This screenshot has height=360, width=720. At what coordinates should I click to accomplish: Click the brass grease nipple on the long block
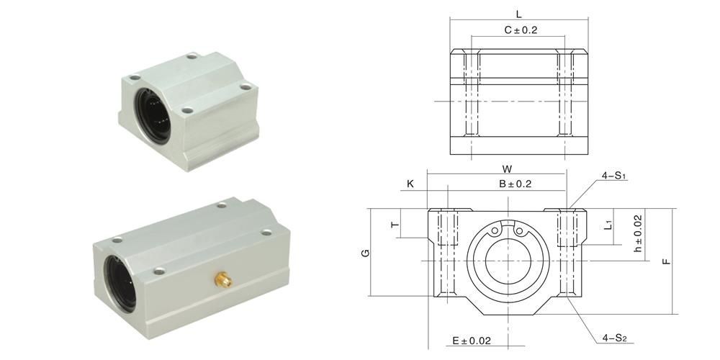[222, 279]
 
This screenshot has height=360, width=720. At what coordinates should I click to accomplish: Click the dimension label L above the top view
[519, 14]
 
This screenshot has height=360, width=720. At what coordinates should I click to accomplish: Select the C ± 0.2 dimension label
[521, 30]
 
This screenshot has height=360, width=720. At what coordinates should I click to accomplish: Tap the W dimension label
[507, 168]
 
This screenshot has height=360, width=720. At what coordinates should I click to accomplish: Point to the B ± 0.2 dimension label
[516, 184]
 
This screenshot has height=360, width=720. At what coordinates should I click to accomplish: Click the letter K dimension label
[410, 184]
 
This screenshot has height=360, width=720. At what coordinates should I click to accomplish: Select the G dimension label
[366, 253]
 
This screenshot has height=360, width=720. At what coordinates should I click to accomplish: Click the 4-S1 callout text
[614, 176]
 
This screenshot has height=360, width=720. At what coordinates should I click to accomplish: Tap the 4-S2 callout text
[615, 338]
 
